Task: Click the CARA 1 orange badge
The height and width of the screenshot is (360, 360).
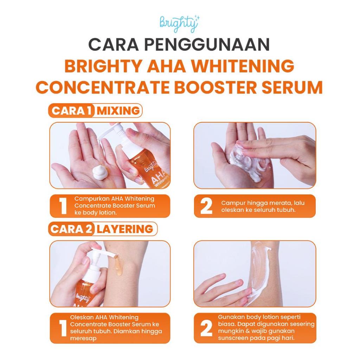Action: pyautogui.click(x=71, y=111)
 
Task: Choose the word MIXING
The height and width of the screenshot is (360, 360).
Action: pyautogui.click(x=118, y=111)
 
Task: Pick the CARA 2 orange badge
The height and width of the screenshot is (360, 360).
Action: pyautogui.click(x=71, y=229)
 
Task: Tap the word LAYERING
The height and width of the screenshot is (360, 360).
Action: pyautogui.click(x=125, y=229)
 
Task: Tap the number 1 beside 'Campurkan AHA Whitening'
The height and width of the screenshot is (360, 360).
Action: pyautogui.click(x=63, y=206)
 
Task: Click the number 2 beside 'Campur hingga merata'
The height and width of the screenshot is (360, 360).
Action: pyautogui.click(x=206, y=206)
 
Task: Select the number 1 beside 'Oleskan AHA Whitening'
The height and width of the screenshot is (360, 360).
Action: pyautogui.click(x=63, y=328)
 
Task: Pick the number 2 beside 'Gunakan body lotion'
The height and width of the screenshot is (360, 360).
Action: pyautogui.click(x=206, y=328)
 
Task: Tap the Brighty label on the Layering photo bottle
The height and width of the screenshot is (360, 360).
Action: pyautogui.click(x=83, y=298)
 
